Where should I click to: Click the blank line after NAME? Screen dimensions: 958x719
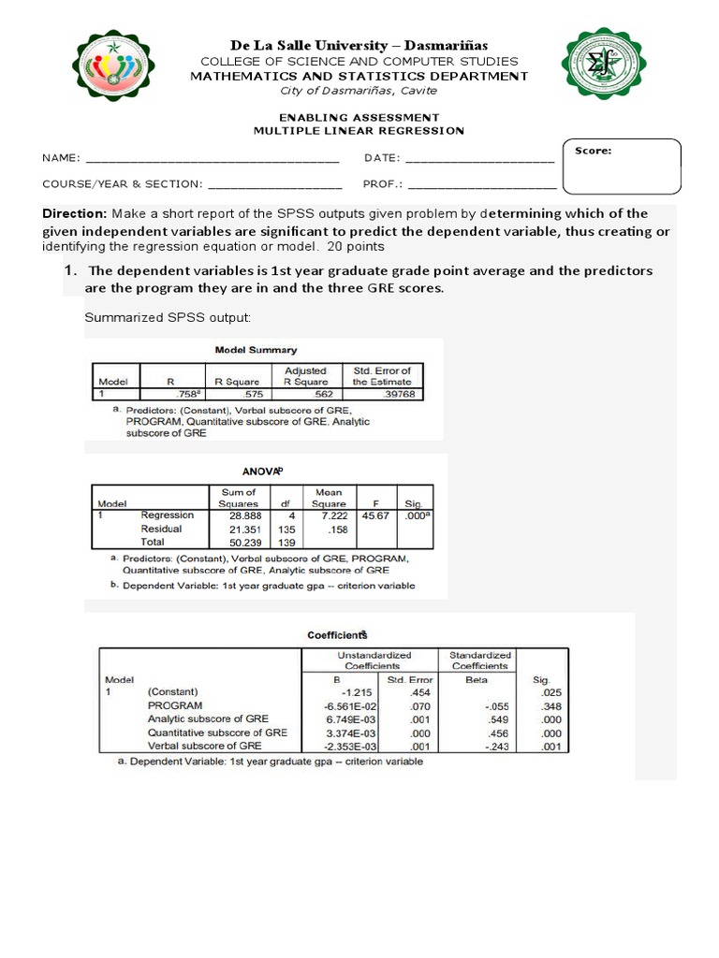212,159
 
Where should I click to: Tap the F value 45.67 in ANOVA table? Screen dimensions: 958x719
377,515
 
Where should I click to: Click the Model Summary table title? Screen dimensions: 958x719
256,350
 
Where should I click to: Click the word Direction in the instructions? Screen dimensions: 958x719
75,213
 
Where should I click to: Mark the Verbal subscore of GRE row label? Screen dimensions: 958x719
204,747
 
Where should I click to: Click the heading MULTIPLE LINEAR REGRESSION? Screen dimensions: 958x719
359,131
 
